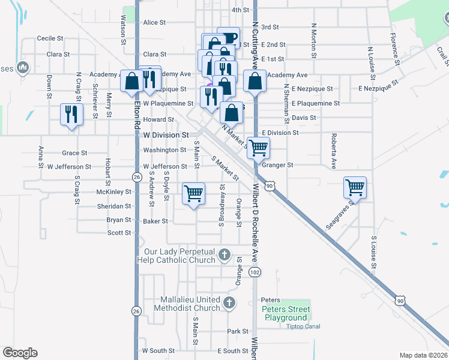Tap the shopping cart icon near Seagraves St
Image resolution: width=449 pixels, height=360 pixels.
[355, 187]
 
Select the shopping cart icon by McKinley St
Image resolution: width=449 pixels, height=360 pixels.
[193, 193]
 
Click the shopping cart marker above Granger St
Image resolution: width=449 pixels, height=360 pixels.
[258, 147]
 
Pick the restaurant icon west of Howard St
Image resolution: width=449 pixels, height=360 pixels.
[71, 113]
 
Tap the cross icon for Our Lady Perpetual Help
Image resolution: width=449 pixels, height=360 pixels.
[224, 255]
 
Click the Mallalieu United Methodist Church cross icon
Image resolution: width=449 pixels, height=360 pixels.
[229, 303]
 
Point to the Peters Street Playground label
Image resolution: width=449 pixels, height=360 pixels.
[285, 313]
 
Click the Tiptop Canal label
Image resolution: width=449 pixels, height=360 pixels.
[303, 326]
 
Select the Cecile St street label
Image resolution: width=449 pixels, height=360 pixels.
[50, 38]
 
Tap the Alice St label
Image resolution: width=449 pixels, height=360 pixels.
[154, 23]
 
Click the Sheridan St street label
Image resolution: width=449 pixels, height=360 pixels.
[114, 206]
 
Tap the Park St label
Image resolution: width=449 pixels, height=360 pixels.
[238, 331]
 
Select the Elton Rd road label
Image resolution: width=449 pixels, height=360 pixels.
[137, 111]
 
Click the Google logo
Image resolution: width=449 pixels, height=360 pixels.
[20, 353]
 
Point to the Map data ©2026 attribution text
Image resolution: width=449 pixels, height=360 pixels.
[424, 355]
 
